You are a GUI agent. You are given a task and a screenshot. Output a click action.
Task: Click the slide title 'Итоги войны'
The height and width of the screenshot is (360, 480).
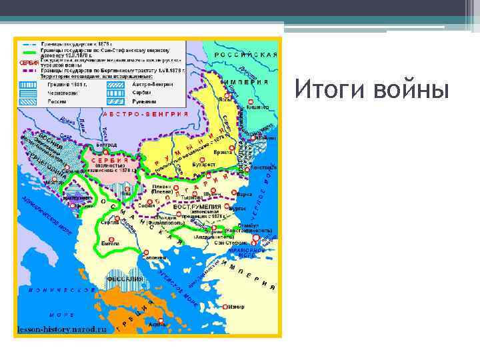coord(371,89)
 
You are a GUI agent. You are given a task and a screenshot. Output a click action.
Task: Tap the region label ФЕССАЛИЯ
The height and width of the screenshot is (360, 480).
coord(125,278)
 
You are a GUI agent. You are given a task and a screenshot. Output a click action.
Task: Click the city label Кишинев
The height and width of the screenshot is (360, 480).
coord(257,106)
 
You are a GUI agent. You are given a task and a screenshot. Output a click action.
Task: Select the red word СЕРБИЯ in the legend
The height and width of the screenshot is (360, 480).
coord(29,62)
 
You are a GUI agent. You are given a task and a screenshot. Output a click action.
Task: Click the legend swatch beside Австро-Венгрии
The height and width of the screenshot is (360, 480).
coord(113,85)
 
